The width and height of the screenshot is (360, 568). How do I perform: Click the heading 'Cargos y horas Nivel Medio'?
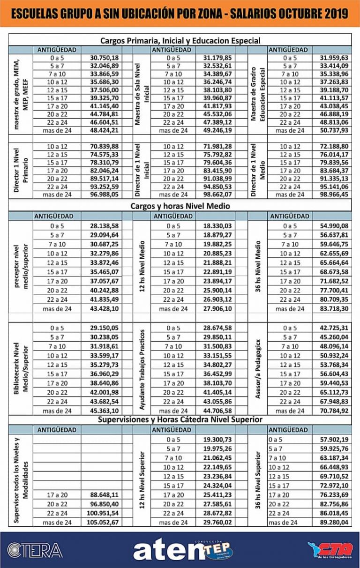click(180, 206)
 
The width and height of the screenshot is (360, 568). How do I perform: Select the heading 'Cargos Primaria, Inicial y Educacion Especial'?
click(180, 41)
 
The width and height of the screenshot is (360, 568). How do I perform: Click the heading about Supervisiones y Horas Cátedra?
click(180, 419)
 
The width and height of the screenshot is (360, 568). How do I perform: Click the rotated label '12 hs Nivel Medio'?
click(142, 266)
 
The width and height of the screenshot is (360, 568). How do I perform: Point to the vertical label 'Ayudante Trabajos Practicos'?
click(142, 367)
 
